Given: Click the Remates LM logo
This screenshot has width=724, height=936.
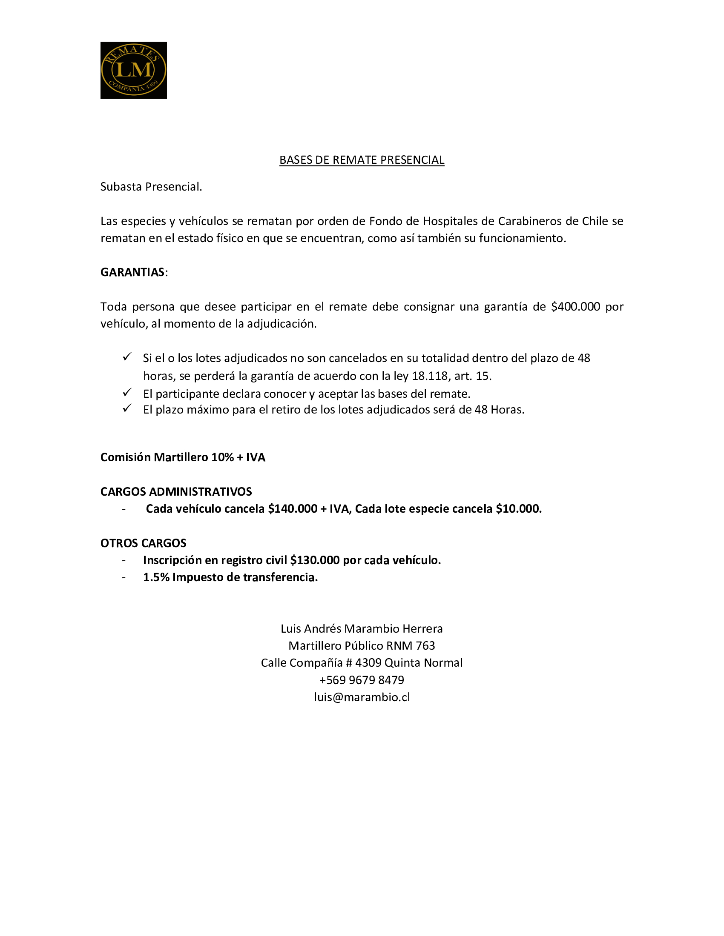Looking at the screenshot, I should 133,70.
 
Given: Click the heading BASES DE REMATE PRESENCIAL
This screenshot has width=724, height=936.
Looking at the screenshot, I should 362,160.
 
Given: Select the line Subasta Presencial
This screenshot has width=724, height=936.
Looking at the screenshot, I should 151,187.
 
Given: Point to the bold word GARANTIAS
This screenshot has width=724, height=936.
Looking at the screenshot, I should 132,272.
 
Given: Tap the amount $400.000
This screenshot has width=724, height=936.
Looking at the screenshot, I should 575,306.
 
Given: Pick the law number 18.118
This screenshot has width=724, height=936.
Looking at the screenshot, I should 429,376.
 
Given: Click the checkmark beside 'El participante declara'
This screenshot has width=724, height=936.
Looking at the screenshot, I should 127,393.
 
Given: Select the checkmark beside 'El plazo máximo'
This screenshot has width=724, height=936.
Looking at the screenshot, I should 127,409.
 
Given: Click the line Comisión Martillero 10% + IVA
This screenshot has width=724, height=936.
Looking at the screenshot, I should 183,457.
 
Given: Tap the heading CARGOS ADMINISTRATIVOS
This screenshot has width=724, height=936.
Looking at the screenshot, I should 176,491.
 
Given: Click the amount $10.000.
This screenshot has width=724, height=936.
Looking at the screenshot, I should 519,509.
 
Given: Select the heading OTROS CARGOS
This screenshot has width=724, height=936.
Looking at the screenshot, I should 143,543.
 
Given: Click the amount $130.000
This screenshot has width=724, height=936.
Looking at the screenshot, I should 315,560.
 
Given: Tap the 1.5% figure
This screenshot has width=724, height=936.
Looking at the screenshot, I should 156,577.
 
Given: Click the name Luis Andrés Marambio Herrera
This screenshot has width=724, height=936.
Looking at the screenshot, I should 362,629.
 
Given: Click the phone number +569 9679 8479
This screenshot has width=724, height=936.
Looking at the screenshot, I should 362,680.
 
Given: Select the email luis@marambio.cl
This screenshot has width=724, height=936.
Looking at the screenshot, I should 362,697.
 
